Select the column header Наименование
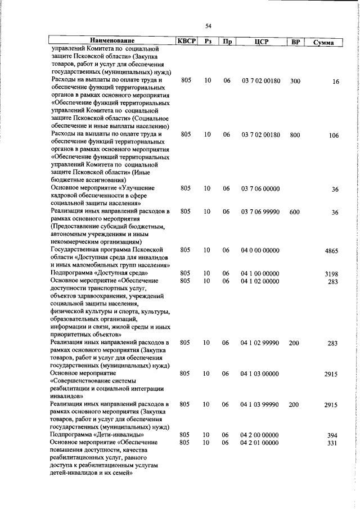pyautogui.click(x=112, y=41)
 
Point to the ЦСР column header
pyautogui.click(x=260, y=42)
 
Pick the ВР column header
pyautogui.click(x=294, y=42)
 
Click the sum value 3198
pyautogui.click(x=331, y=274)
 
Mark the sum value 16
pyautogui.click(x=335, y=82)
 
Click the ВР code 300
pyautogui.click(x=294, y=81)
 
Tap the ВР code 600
pyautogui.click(x=294, y=212)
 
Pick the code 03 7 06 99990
pyautogui.click(x=260, y=212)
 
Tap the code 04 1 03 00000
pyautogui.click(x=259, y=373)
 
